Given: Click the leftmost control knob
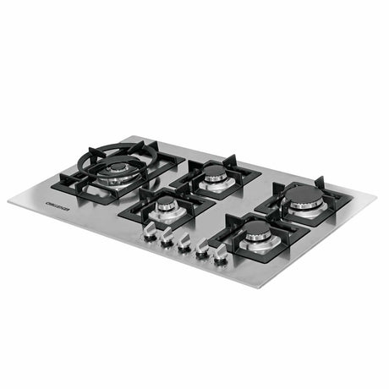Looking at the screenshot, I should click(150, 229).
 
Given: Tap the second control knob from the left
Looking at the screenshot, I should click(167, 237).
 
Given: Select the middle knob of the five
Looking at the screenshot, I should click(184, 244).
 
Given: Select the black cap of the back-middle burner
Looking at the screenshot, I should click(214, 173).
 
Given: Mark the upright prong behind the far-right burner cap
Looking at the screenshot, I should click(320, 181).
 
